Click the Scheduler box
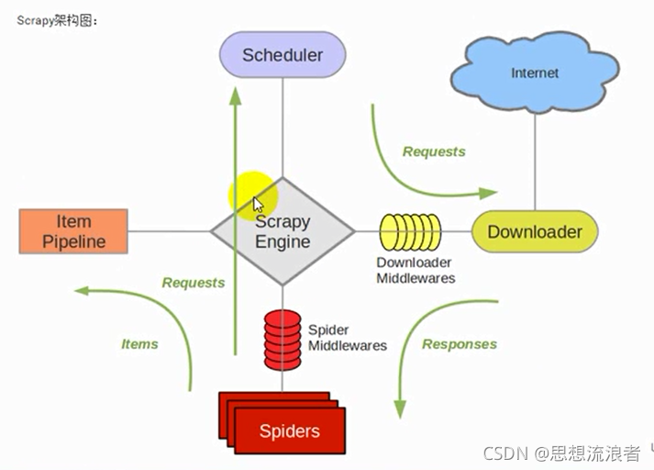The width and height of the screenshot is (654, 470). [283, 55]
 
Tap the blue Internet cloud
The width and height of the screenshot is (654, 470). [535, 73]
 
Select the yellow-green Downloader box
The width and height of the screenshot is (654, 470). [535, 231]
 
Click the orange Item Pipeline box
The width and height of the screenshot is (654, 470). [73, 231]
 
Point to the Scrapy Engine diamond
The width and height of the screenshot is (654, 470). [283, 231]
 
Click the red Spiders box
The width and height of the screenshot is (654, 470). [283, 423]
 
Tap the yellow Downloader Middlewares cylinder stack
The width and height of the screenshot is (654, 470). [410, 232]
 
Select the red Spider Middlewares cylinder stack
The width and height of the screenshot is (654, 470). [283, 340]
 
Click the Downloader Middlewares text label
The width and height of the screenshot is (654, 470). [416, 270]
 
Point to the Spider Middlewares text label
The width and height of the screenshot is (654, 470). [348, 338]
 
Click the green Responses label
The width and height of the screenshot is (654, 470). [460, 344]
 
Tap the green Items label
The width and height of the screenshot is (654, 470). [139, 344]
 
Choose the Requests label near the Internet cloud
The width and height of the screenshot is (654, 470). [434, 151]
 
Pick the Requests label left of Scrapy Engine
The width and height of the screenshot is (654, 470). [194, 283]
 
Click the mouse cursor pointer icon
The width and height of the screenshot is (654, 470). [258, 205]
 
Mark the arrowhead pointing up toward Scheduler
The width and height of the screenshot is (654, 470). [236, 96]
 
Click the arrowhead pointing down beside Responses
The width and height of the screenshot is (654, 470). [400, 409]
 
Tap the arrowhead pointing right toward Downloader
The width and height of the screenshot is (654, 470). [488, 193]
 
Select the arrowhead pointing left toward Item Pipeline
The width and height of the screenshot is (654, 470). [82, 290]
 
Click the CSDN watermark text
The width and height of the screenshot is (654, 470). [561, 453]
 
